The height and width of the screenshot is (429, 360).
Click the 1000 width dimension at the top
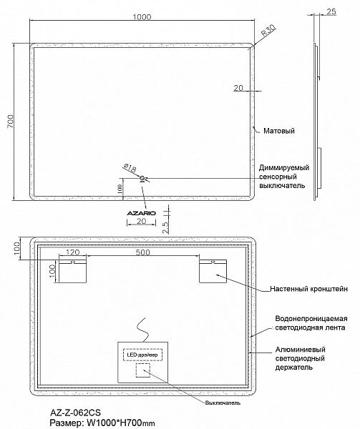[142, 17]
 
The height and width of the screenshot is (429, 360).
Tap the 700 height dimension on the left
[10, 122]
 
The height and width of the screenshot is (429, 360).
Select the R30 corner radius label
[268, 30]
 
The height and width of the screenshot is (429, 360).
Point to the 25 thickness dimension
[331, 11]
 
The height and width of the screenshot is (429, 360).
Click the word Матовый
[279, 131]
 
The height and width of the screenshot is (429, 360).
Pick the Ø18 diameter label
[130, 168]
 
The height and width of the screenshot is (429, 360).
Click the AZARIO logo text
[141, 213]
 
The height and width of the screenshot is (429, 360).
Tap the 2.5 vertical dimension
[166, 227]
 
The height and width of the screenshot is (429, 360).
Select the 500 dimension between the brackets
[142, 252]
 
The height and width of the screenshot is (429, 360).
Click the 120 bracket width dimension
[72, 252]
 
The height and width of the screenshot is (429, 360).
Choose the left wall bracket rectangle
[73, 271]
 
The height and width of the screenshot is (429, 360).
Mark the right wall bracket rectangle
[213, 271]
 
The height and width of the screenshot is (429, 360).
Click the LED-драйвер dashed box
[142, 355]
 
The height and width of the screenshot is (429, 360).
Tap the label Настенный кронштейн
[308, 289]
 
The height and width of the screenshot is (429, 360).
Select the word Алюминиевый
[301, 350]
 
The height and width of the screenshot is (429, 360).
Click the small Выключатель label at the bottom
[223, 403]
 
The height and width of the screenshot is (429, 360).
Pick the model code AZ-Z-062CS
[75, 413]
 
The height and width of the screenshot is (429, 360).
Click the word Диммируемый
[284, 167]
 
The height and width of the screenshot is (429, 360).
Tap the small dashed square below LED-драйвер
[143, 370]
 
